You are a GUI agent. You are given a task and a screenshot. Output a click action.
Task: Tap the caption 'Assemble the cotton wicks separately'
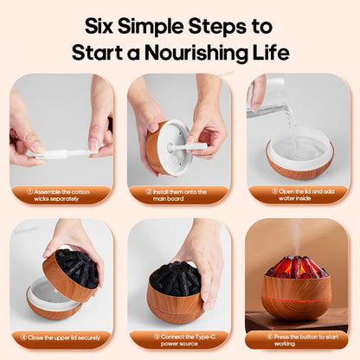(x=62, y=195)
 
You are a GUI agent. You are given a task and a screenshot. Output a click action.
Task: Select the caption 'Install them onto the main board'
(x=180, y=195)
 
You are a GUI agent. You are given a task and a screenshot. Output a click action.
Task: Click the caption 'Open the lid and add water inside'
(x=298, y=195)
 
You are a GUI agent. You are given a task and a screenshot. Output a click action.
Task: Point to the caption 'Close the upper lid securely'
(x=62, y=339)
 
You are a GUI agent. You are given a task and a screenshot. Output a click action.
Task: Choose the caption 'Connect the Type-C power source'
(x=180, y=339)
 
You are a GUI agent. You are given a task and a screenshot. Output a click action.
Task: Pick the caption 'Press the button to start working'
(x=298, y=339)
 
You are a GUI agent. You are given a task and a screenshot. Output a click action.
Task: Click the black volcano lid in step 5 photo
(x=174, y=278)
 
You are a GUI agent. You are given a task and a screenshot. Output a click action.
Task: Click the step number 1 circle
(x=29, y=191)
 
